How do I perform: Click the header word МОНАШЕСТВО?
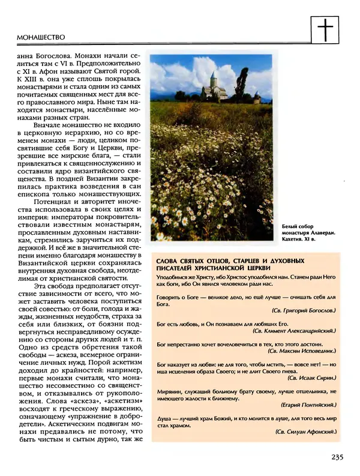point(37,37)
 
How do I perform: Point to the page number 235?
point(337,457)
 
